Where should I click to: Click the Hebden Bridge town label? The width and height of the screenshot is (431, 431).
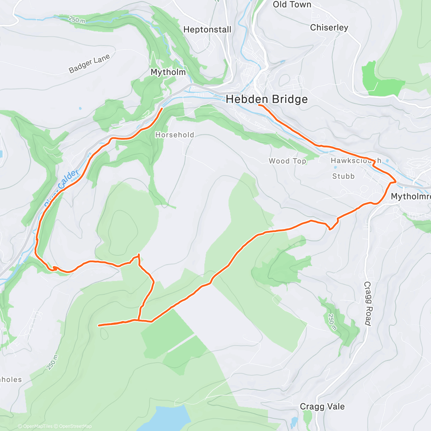pos(267,99)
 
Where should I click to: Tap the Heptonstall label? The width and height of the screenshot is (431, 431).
pos(207,30)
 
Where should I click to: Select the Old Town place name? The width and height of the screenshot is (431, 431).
pos(292,5)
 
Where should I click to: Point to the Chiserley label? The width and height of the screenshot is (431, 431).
pos(329,28)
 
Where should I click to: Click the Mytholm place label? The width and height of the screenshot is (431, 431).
pos(168,72)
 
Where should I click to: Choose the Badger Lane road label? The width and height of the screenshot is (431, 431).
pos(89,64)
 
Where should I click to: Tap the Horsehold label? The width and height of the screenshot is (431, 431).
pos(175,135)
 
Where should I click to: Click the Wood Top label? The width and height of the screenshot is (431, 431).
pos(287,161)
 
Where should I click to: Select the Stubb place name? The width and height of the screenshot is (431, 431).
pos(343,176)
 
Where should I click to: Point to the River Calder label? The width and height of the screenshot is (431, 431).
pos(61,188)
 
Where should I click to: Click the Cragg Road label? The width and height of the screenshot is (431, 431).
pos(367,303)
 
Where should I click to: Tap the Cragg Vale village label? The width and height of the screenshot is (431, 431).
pos(322,407)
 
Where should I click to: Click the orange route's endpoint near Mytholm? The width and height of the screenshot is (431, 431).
pos(162,108)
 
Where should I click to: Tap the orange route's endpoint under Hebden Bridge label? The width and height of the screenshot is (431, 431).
pos(259,105)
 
